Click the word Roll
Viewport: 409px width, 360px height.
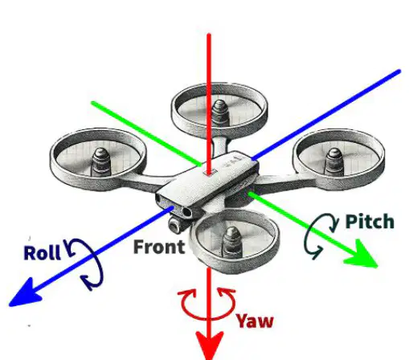pos(42,253)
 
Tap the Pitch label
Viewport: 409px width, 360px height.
pos(370,222)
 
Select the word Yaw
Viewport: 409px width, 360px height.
pos(255,321)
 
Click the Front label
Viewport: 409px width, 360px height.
pos(159,247)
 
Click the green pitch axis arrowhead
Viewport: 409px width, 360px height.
pos(362,254)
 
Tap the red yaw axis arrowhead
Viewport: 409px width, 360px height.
pos(209,346)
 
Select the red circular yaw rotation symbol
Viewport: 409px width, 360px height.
pos(207,305)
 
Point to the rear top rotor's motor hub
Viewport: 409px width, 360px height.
pos(219,112)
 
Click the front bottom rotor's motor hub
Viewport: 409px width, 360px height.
pos(232,240)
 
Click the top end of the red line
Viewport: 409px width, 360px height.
pos(209,34)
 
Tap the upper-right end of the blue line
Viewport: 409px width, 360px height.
pos(399,71)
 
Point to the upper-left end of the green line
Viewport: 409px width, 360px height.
pos(93,103)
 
